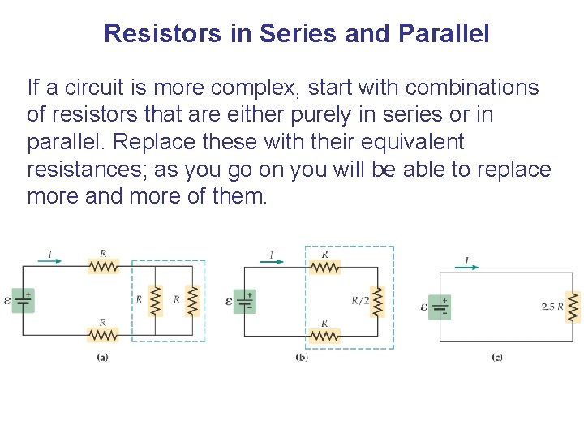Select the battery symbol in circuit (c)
tap(440, 307)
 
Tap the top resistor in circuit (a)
tap(103, 266)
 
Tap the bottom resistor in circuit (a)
tap(103, 334)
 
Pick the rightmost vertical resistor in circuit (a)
tap(193, 300)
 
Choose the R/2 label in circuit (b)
tap(360, 300)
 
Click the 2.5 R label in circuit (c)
tap(552, 307)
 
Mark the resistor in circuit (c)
tap(573, 307)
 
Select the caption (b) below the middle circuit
tap(302, 357)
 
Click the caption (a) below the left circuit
tap(103, 357)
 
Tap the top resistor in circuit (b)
tap(324, 266)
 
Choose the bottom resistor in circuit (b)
tap(324, 334)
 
